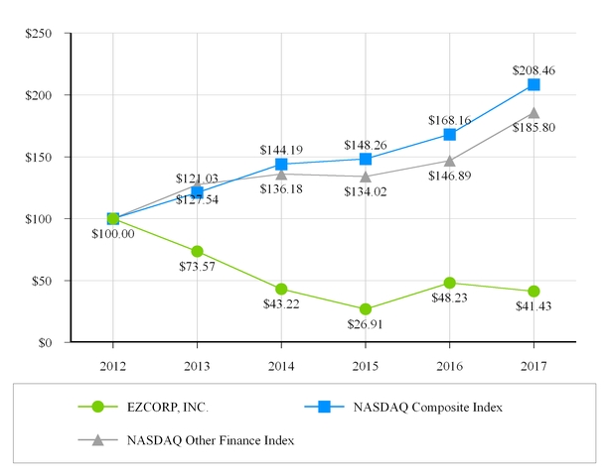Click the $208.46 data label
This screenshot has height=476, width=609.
point(533,70)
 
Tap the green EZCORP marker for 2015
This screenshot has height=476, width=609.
point(366,309)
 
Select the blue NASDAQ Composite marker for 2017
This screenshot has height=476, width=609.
point(533,85)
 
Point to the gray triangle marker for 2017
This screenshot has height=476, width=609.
point(533,113)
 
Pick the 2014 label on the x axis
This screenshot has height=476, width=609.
point(281,365)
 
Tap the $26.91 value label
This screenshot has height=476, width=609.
point(366,324)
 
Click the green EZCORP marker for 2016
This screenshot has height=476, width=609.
point(450,283)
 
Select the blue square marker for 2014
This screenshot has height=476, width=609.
point(281,165)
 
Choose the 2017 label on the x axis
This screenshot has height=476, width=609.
point(533,365)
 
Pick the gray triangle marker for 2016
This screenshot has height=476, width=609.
point(450,161)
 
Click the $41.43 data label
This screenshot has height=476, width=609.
point(533,306)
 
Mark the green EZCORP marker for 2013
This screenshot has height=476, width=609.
point(197,252)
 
